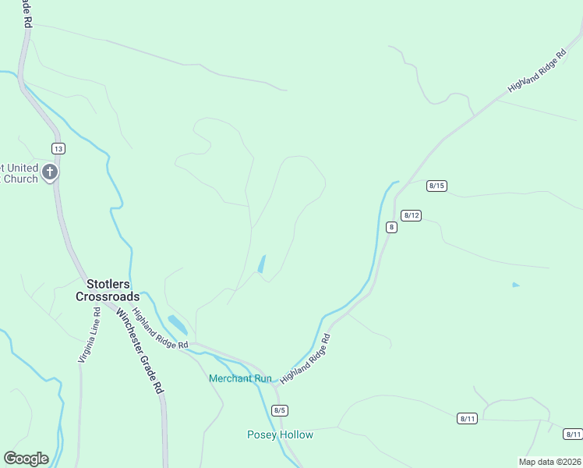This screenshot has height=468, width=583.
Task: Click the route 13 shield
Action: (x=58, y=148)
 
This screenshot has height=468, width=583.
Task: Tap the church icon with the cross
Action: (x=50, y=172)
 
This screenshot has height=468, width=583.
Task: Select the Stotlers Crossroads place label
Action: (x=108, y=290)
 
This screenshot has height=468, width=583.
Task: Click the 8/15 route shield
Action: (x=436, y=186)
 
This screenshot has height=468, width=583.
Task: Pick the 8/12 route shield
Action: (x=412, y=215)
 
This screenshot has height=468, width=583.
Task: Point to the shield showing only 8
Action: (x=391, y=227)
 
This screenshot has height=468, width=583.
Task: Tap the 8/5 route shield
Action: (x=281, y=410)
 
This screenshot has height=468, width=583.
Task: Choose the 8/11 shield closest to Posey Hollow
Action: (x=468, y=419)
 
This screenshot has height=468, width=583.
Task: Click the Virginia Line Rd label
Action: (x=88, y=335)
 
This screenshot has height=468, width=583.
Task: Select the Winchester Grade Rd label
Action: (x=141, y=352)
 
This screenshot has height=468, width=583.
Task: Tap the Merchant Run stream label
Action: (x=240, y=378)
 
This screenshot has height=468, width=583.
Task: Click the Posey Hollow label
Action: (x=280, y=434)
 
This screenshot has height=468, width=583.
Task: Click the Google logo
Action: (x=26, y=459)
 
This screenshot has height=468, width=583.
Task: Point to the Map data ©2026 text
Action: (x=550, y=461)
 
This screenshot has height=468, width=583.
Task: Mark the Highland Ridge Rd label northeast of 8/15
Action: (x=536, y=73)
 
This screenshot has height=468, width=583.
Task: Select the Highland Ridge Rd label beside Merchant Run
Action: (x=306, y=358)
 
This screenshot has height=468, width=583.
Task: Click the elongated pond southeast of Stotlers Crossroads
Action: (x=177, y=324)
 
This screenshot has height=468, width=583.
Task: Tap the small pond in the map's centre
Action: (x=261, y=264)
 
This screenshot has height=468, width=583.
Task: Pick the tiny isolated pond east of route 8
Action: (x=515, y=285)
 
